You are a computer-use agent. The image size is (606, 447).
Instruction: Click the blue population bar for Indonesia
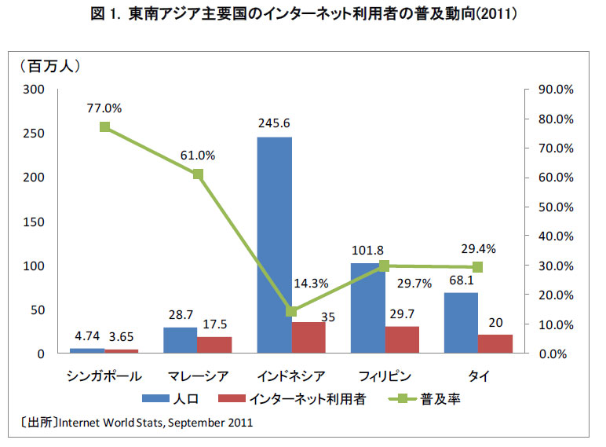(x=275, y=245)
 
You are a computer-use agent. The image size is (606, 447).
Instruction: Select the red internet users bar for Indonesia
(x=308, y=338)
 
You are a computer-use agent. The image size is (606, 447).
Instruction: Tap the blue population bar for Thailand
(x=461, y=323)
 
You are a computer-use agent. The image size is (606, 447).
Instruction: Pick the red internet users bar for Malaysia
(x=214, y=345)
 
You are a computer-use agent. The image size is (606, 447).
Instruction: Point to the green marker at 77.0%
(x=104, y=127)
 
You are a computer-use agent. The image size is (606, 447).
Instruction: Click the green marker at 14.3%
(x=291, y=311)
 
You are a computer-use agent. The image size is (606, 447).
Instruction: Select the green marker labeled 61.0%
(x=198, y=174)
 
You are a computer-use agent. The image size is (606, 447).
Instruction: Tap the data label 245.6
(x=274, y=123)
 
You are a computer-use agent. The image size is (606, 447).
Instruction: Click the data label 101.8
(x=367, y=250)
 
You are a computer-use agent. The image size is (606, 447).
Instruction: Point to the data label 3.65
(x=122, y=336)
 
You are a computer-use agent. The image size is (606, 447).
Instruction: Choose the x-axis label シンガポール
(x=104, y=376)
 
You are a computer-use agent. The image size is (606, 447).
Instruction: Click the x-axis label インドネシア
(x=291, y=376)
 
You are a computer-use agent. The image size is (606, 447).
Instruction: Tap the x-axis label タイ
(x=478, y=376)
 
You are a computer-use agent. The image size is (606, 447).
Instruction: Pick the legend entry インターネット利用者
(x=306, y=399)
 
